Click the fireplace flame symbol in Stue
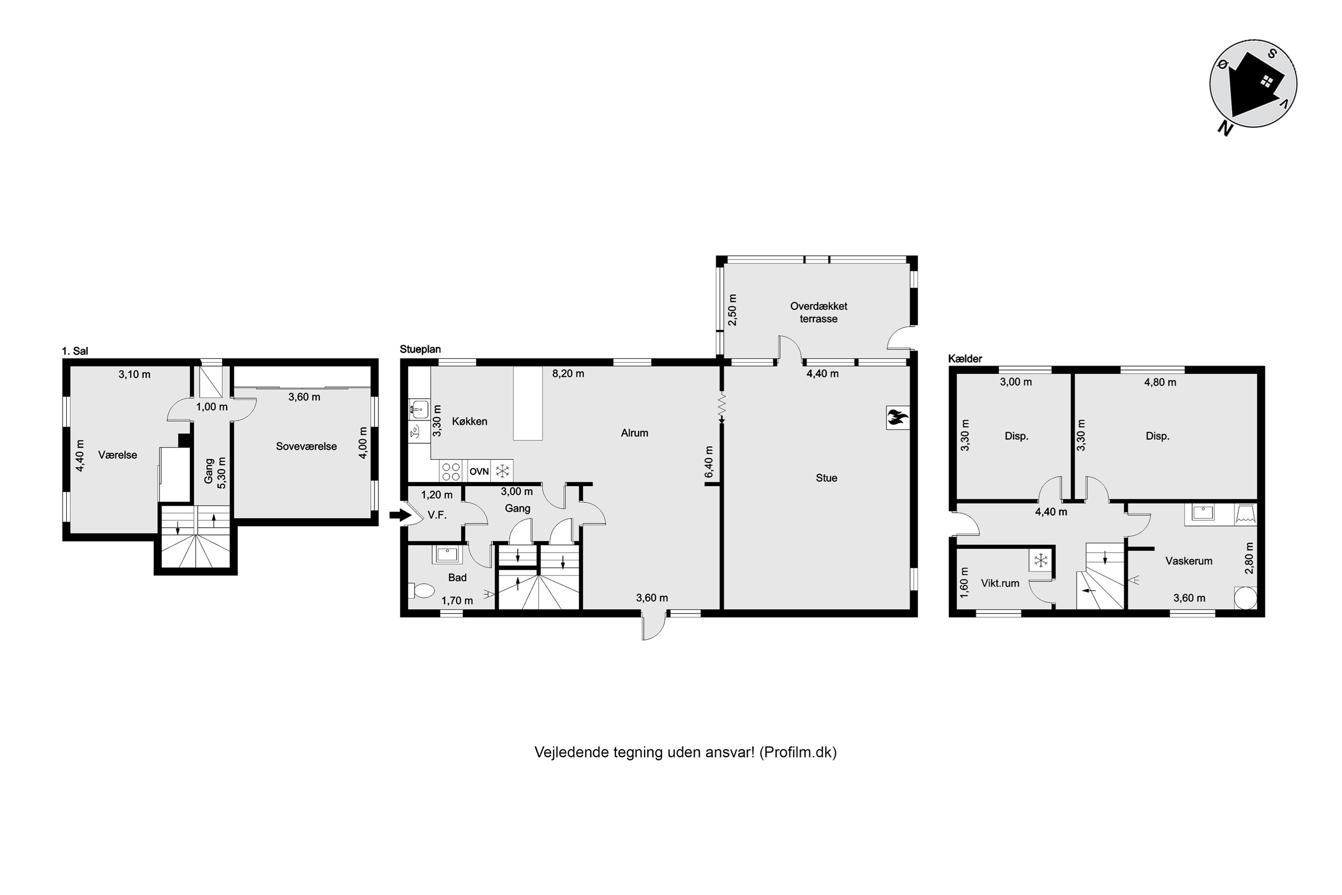897,418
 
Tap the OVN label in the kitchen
479,472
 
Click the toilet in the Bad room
422,590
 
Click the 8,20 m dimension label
568,374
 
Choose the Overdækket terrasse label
818,312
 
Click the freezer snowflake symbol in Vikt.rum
1041,561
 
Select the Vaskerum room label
1189,561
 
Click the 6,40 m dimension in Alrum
709,462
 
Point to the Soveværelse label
306,446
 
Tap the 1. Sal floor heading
75,351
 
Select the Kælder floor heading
965,358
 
